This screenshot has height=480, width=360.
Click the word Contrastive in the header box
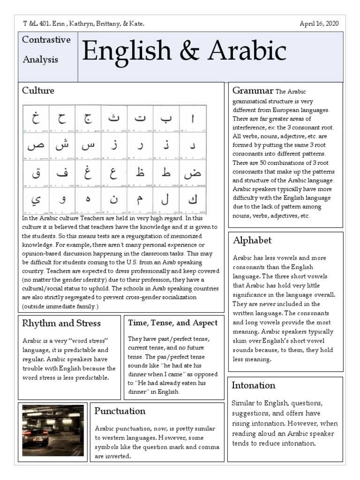coord(46,40)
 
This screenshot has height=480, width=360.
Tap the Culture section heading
coord(38,90)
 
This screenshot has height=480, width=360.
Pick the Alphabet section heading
coord(252,240)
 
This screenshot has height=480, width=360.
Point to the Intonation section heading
coord(254,385)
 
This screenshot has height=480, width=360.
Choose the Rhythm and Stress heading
coord(61,323)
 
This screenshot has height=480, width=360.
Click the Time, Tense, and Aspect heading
coord(172,322)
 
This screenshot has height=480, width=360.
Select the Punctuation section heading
coord(120,411)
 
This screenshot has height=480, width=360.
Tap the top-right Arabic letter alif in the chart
coord(192,117)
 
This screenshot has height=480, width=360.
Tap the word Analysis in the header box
coord(40,60)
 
